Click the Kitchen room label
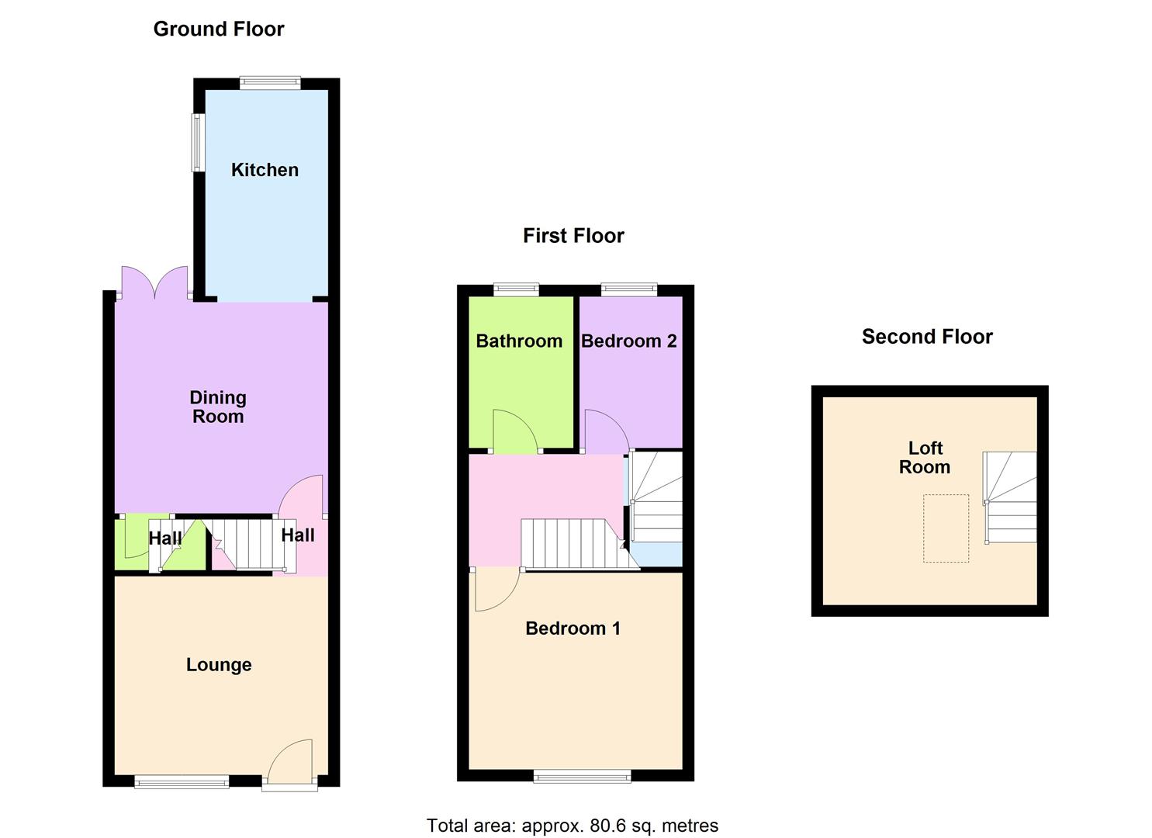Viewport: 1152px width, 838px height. pyautogui.click(x=265, y=170)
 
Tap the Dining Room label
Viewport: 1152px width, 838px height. pyautogui.click(x=218, y=407)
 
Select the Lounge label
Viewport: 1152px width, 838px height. pyautogui.click(x=219, y=665)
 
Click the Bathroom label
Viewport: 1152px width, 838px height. pyautogui.click(x=519, y=341)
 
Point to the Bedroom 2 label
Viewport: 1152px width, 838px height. pyautogui.click(x=628, y=341)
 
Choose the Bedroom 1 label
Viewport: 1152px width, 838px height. pyautogui.click(x=573, y=628)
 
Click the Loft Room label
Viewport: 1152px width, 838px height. pyautogui.click(x=925, y=458)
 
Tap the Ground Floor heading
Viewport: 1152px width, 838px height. pyautogui.click(x=219, y=29)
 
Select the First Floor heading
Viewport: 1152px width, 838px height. pyautogui.click(x=573, y=236)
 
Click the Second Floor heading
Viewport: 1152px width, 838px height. pyautogui.click(x=927, y=337)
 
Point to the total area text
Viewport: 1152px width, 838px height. pyautogui.click(x=573, y=826)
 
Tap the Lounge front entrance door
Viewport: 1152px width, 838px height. pyautogui.click(x=290, y=764)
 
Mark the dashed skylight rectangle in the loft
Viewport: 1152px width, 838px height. pyautogui.click(x=946, y=528)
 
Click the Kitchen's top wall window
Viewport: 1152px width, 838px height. pyautogui.click(x=270, y=83)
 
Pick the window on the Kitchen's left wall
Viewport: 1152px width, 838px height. pyautogui.click(x=199, y=143)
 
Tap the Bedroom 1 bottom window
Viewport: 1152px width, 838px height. pyautogui.click(x=582, y=776)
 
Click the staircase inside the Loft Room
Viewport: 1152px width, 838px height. pyautogui.click(x=1010, y=497)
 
